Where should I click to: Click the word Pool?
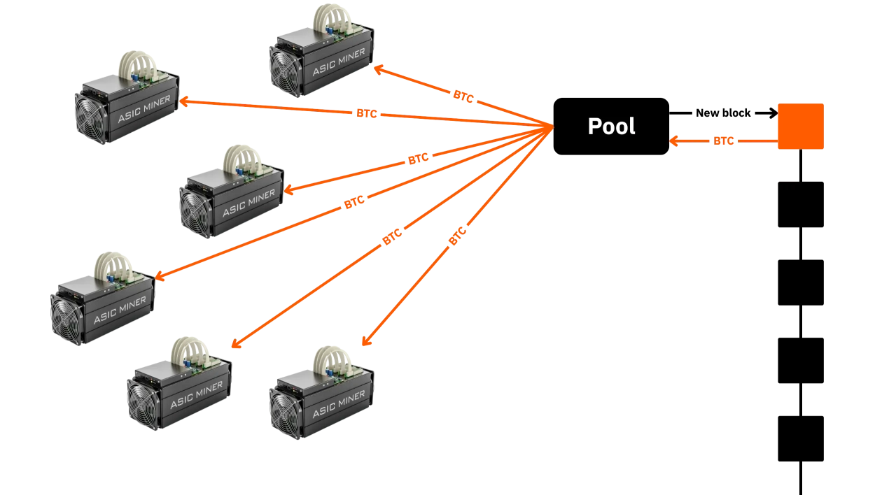pyautogui.click(x=611, y=127)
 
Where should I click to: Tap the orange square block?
pyautogui.click(x=801, y=126)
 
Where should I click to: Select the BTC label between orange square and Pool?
pyautogui.click(x=724, y=141)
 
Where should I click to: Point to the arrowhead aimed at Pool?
pyautogui.click(x=674, y=141)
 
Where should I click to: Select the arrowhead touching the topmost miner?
pyautogui.click(x=379, y=69)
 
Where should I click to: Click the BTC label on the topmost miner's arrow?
pyautogui.click(x=463, y=96)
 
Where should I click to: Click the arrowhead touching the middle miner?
pyautogui.click(x=289, y=189)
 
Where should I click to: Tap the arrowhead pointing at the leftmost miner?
pyautogui.click(x=159, y=278)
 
